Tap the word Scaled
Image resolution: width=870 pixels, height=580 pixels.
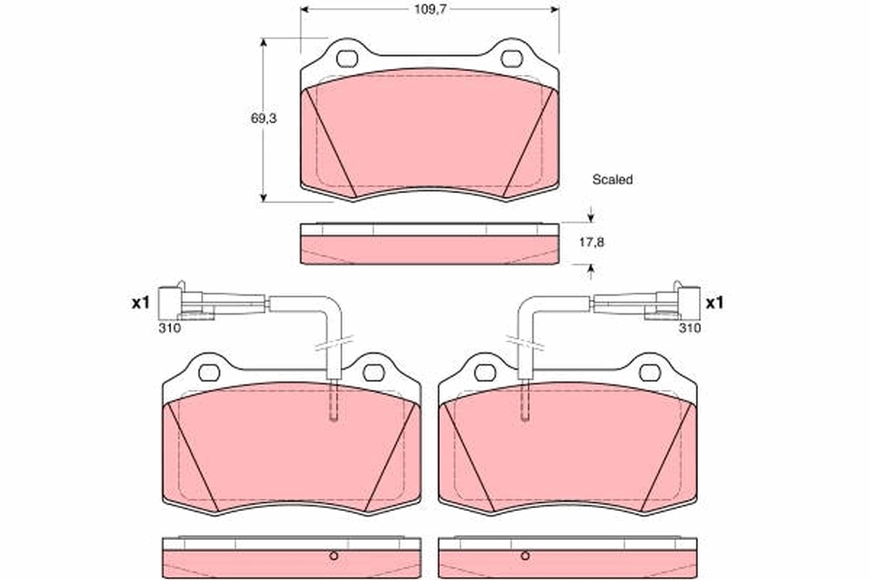tap(612, 180)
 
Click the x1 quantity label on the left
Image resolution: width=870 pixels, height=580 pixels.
tap(140, 303)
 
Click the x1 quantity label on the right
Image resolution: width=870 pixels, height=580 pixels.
tap(715, 303)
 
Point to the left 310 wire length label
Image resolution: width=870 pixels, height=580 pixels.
tap(170, 328)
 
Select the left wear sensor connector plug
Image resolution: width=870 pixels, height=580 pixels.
tap(171, 302)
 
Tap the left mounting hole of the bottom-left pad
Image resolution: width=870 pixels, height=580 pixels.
tap(209, 373)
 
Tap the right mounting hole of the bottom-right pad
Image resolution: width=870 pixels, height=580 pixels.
tap(650, 373)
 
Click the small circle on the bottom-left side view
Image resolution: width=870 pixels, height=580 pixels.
tap(334, 556)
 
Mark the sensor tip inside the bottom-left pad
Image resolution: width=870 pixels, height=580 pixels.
tap(333, 415)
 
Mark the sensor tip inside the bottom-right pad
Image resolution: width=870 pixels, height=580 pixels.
tap(524, 415)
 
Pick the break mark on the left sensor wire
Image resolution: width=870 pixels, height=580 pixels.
tap(333, 342)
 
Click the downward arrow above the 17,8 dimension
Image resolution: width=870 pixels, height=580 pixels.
tap(591, 215)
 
